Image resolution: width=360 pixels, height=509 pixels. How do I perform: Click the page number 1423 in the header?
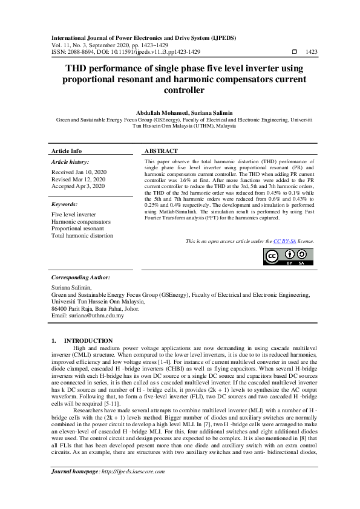(x=311, y=53)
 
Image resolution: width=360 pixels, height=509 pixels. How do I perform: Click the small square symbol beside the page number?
(x=295, y=53)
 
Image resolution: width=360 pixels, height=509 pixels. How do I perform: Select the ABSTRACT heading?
(x=162, y=151)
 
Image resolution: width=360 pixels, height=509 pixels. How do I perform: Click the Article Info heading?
(x=67, y=151)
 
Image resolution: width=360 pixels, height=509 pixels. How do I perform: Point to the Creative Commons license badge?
(x=289, y=256)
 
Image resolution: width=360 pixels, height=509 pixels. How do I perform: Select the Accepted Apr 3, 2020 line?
(x=78, y=187)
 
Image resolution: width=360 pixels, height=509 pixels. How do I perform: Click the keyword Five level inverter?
(x=73, y=215)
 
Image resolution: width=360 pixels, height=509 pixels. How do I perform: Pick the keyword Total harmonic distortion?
(x=82, y=236)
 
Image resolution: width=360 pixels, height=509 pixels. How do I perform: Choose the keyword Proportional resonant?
(x=77, y=229)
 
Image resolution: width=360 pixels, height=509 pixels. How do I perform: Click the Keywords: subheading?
(x=65, y=204)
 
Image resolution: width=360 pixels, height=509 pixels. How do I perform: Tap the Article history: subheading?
(x=70, y=162)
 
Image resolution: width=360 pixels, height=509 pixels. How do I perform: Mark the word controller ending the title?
(x=180, y=91)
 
